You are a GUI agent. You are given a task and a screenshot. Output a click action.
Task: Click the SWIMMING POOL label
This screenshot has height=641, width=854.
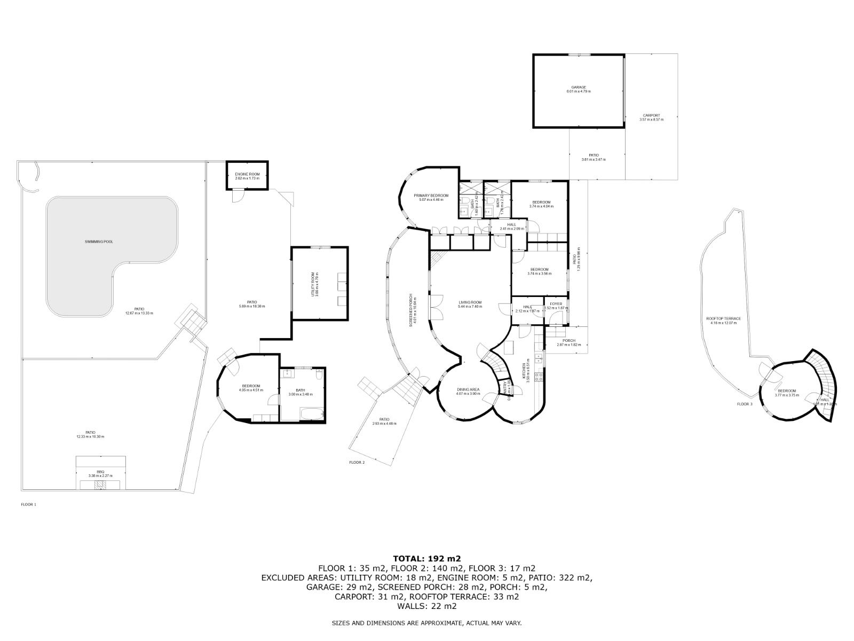(x=99, y=241)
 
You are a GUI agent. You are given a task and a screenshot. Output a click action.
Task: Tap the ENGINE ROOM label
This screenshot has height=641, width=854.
(x=247, y=175)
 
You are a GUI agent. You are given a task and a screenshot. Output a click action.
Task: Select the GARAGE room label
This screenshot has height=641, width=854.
(x=579, y=88)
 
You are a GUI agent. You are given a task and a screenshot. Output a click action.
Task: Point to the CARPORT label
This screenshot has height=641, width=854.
(x=651, y=115)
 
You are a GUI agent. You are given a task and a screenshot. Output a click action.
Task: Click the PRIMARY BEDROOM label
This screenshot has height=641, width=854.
(x=431, y=196)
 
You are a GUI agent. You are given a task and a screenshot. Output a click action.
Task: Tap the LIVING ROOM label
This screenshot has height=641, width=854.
(x=470, y=302)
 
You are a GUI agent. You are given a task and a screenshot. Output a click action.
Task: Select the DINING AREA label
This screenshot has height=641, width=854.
(x=468, y=389)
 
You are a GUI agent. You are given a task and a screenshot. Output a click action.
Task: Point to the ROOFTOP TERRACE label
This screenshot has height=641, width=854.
(x=723, y=318)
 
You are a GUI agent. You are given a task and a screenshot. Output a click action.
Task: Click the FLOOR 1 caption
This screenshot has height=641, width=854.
(x=28, y=504)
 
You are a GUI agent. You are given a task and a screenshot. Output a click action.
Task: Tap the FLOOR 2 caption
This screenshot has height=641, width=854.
(x=357, y=462)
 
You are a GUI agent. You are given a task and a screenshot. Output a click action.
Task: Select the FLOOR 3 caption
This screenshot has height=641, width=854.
(x=744, y=404)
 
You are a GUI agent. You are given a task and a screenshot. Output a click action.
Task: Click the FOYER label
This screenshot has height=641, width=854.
(x=556, y=304)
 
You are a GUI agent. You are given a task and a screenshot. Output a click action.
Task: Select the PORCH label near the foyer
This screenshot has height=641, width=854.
(x=568, y=341)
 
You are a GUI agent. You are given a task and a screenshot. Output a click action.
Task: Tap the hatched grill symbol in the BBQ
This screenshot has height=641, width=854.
(x=98, y=485)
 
